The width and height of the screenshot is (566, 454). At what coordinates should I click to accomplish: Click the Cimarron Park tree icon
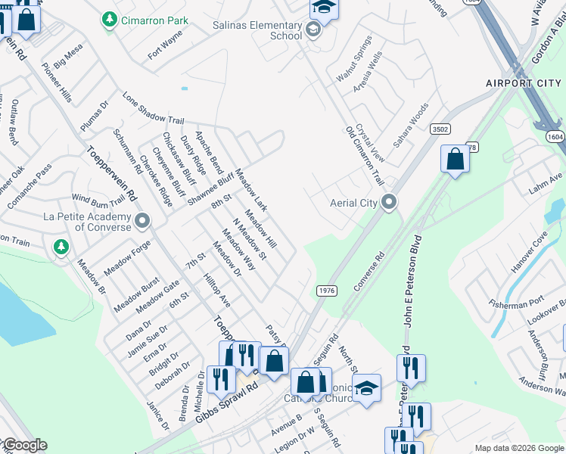pyautogui.click(x=110, y=18)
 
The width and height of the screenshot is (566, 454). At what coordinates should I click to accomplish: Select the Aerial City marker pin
pyautogui.click(x=389, y=202)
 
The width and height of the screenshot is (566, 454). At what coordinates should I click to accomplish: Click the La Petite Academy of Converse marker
pyautogui.click(x=143, y=221)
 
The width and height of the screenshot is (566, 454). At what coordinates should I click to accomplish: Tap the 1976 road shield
pyautogui.click(x=326, y=291)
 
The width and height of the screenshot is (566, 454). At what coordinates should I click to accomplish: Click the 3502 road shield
pyautogui.click(x=440, y=129)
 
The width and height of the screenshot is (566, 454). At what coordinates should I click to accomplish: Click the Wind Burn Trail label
pyautogui.click(x=98, y=201)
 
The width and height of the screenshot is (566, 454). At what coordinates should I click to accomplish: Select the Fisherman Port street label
pyautogui.click(x=517, y=305)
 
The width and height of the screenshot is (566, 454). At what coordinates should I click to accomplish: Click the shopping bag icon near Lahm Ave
pyautogui.click(x=455, y=160)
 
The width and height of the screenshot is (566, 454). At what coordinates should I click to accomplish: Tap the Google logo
pyautogui.click(x=24, y=445)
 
